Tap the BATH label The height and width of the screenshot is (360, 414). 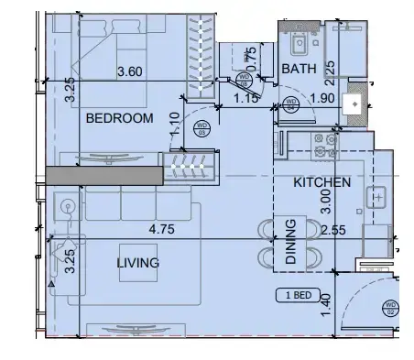pos(299,69)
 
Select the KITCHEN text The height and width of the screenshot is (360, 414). pos(321,182)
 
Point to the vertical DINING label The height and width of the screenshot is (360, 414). pos(289,242)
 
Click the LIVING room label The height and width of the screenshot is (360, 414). pos(137,263)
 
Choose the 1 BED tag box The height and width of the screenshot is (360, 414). pos(300,295)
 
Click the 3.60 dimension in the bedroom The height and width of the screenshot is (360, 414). pos(133,71)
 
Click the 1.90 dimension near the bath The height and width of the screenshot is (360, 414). pos(323,99)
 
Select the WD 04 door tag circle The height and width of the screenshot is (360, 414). pos(291,102)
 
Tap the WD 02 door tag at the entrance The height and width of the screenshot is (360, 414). pos(390,308)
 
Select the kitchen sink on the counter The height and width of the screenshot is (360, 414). pos(376,194)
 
